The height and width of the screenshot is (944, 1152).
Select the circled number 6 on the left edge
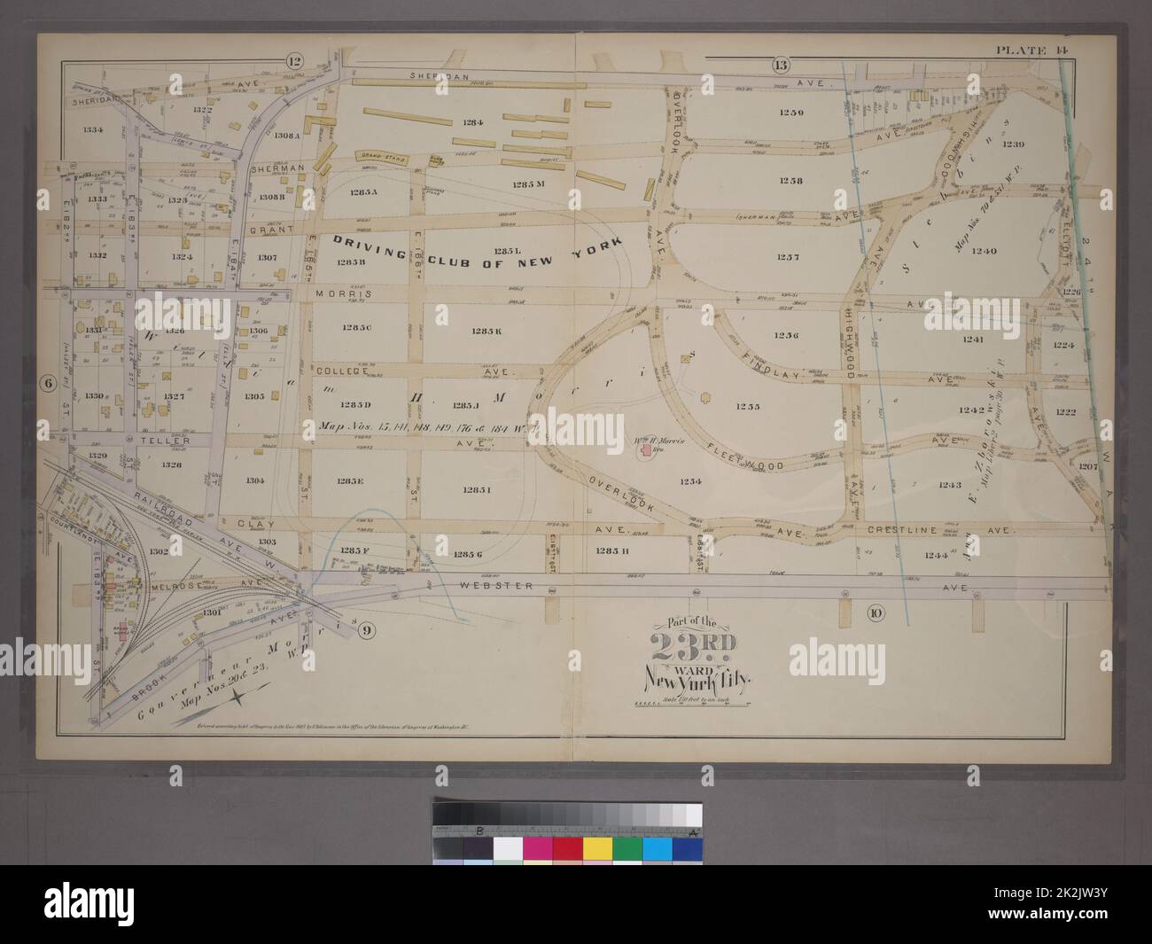click(44, 383)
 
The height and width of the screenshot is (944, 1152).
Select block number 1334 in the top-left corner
click(94, 129)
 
